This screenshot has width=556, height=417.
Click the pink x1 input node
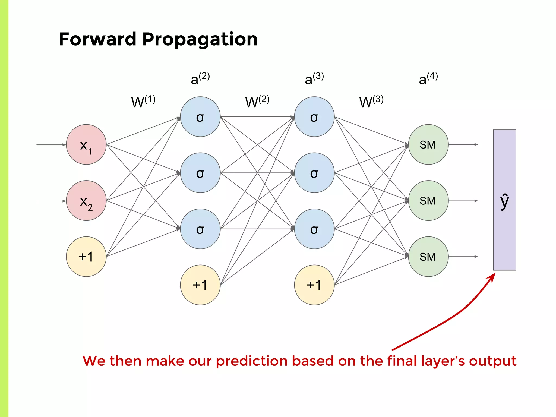[86, 144]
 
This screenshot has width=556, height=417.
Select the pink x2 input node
[86, 201]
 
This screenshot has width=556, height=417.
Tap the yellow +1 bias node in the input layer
[86, 257]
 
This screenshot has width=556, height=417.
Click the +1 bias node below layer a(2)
[200, 285]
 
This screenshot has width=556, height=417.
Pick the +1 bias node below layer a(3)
[314, 285]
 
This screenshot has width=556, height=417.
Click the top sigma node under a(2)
[200, 117]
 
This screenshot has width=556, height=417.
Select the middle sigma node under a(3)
[314, 173]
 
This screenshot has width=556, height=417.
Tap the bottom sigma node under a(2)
[200, 229]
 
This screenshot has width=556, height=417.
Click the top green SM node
[428, 144]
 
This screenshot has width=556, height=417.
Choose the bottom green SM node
[428, 257]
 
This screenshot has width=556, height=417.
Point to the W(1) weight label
[143, 102]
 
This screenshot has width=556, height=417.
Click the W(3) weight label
[371, 102]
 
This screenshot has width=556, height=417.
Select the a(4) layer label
[428, 79]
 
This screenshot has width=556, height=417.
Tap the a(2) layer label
[200, 79]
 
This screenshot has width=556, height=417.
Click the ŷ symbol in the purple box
[504, 201]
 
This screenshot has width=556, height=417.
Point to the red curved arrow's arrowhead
[492, 277]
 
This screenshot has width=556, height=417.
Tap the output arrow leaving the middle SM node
[463, 201]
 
